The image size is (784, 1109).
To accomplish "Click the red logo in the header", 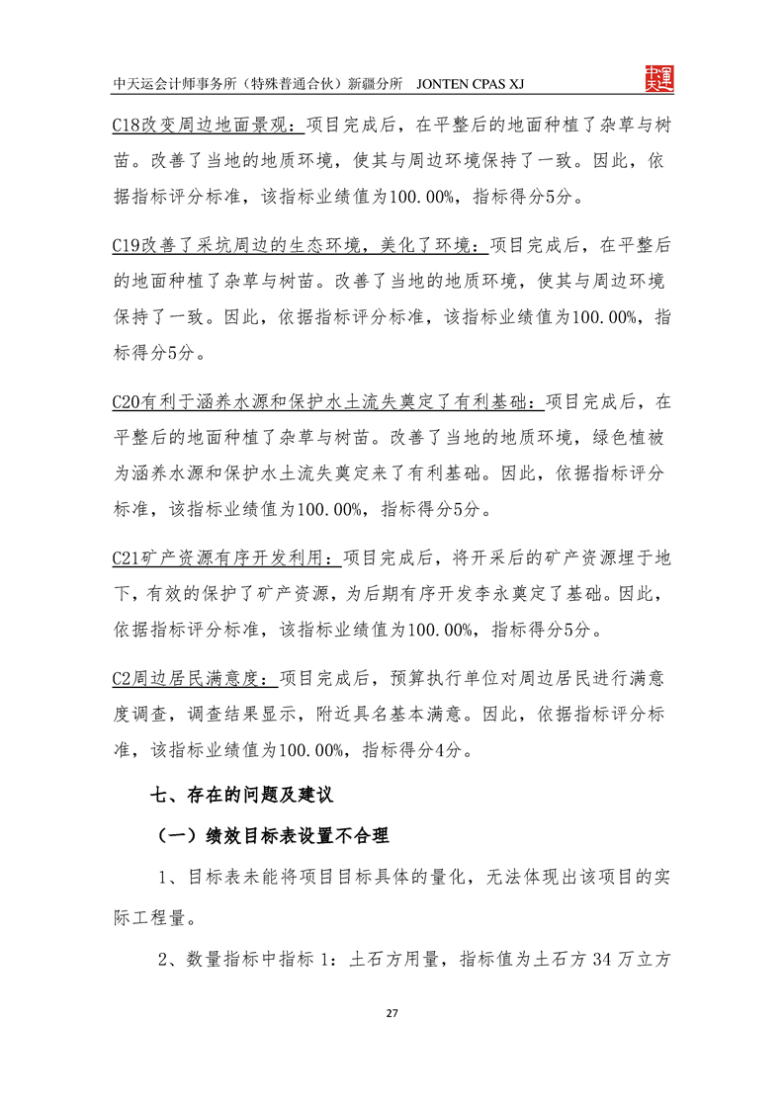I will tap(657, 78).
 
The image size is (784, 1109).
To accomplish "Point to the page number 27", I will tap(392, 1013).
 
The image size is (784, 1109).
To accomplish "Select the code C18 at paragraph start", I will tap(129, 127).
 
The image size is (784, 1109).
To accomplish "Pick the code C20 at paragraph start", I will tap(129, 402).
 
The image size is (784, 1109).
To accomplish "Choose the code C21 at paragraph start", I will tap(129, 558).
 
